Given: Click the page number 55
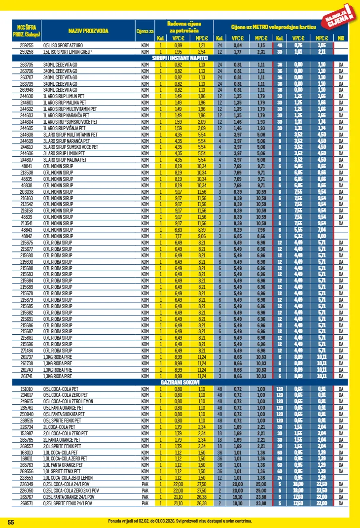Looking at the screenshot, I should click(x=11, y=522).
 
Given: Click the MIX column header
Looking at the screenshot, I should click(x=341, y=38).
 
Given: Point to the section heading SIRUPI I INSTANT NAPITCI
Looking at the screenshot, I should click(x=180, y=58).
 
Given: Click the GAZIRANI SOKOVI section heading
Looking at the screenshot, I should click(x=180, y=382).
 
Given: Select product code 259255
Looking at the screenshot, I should click(x=27, y=45).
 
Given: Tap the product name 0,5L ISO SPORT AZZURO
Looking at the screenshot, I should click(x=64, y=45).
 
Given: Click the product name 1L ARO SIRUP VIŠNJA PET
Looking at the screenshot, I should click(x=68, y=128).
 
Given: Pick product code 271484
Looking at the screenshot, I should click(x=27, y=350).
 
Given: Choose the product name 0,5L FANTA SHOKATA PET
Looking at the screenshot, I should click(x=66, y=414).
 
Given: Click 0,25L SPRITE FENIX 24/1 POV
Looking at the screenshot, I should click(x=71, y=503).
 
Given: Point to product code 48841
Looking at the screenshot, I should click(x=27, y=166).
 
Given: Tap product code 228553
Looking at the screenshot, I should click(x=27, y=478).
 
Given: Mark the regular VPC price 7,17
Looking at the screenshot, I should click(x=178, y=236).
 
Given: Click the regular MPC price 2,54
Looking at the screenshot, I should click(x=201, y=51).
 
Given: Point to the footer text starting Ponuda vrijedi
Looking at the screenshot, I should click(x=180, y=521).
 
